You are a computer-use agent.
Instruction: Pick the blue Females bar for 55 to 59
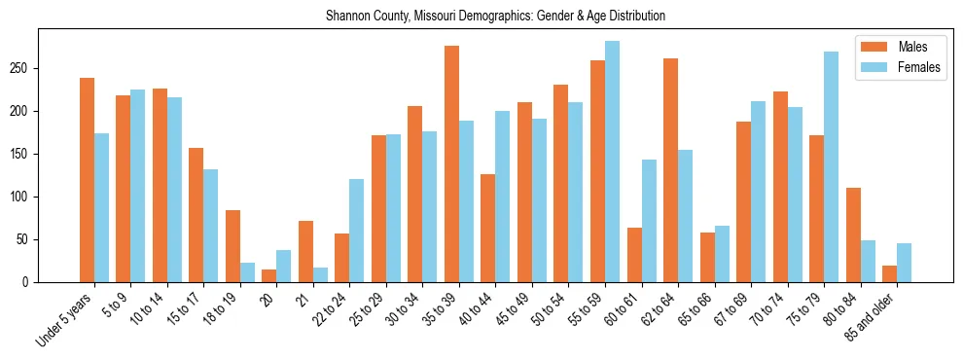(612, 162)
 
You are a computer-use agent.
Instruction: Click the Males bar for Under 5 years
(87, 180)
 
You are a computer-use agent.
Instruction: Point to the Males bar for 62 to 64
(670, 170)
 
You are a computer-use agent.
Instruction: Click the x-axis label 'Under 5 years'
(66, 320)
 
